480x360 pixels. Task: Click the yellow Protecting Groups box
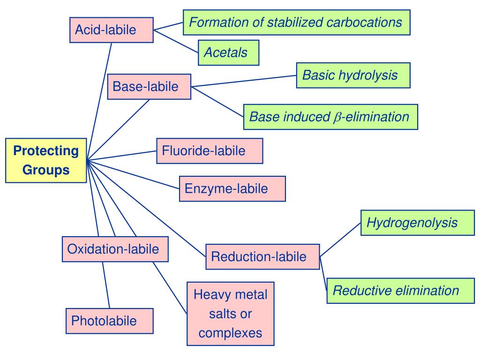[46, 160]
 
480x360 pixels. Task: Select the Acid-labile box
[112, 30]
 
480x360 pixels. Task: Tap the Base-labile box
[149, 87]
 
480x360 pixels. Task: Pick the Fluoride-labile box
[210, 151]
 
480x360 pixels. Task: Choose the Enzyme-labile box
[232, 188]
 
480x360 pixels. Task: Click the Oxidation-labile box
[115, 249]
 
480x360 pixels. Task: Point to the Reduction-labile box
[262, 256]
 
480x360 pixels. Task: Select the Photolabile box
[109, 321]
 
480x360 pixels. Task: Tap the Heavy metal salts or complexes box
[230, 314]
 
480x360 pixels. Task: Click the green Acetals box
[228, 52]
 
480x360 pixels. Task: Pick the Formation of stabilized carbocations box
[296, 22]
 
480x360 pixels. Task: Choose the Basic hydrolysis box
[353, 75]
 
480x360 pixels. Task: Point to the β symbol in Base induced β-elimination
[335, 118]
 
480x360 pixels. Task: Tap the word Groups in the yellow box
[46, 170]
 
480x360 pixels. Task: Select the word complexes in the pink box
[230, 333]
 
